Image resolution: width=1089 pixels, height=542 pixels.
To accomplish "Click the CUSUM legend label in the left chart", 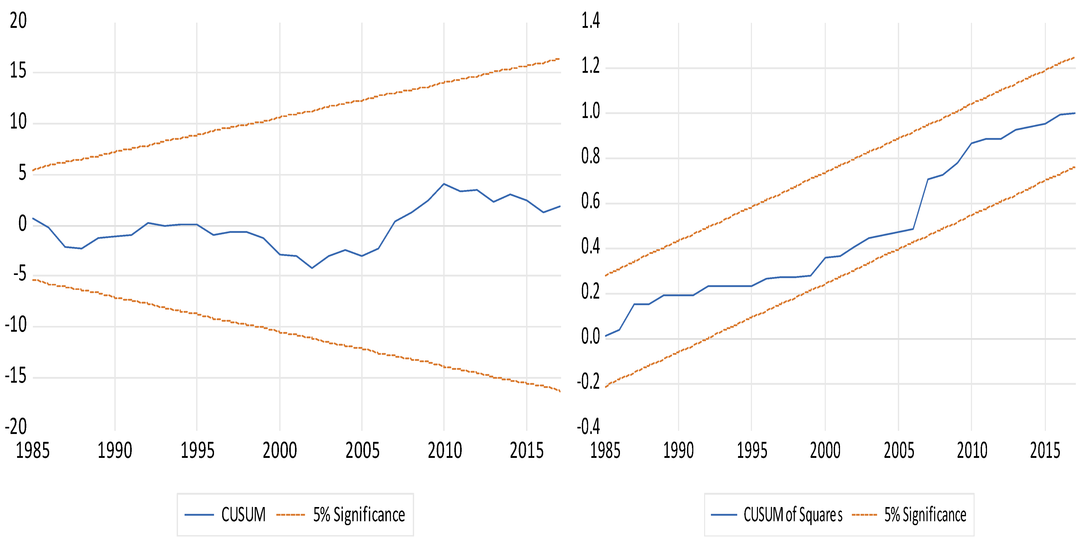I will coord(243,514).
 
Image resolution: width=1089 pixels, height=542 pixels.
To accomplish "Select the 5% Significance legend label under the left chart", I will coord(359,514).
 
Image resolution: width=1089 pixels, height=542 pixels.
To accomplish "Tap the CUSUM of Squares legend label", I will coord(793,514).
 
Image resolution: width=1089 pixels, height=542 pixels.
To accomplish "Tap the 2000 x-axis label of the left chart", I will coord(279,450).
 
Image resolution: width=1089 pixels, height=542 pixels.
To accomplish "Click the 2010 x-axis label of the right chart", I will coord(972,450).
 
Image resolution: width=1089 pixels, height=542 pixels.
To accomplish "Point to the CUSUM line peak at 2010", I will coord(444,184).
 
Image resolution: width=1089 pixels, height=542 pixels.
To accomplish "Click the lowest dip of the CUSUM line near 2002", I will coord(312,268).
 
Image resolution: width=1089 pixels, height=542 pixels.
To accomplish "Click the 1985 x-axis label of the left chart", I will coord(33,450).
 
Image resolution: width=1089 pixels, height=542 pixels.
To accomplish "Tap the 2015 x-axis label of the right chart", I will coord(1045,450).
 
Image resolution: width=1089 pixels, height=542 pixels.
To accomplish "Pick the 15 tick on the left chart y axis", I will coord(18,71).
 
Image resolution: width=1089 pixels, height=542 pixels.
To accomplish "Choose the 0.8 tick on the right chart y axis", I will coord(590,156).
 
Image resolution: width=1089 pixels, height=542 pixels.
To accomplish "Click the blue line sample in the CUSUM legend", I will coord(199,514).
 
